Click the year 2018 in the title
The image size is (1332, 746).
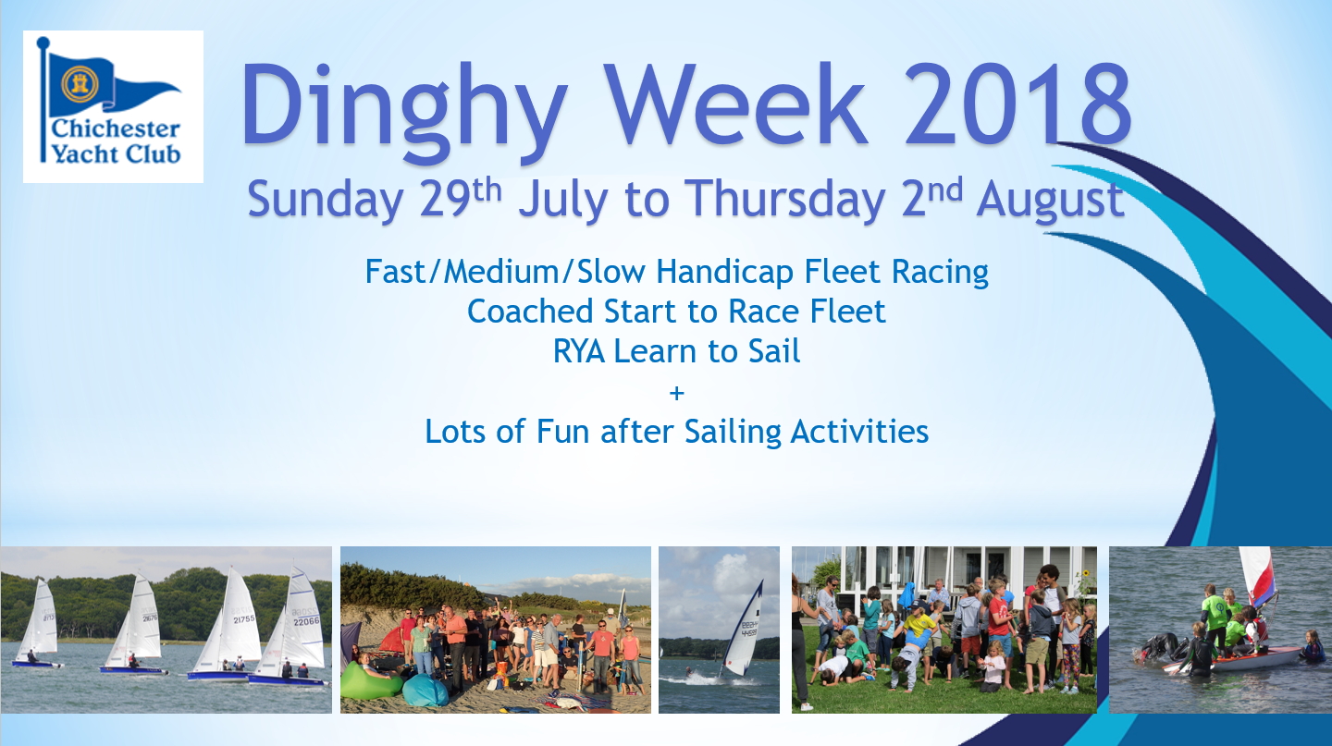pos(1018,104)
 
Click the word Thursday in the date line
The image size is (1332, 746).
pos(785,200)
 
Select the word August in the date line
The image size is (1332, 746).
pos(1050,200)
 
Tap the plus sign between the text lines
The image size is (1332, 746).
pos(676,393)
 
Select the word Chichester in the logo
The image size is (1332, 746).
pos(116,129)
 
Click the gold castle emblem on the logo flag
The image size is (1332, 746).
pos(80,84)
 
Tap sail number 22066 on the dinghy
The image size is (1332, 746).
pos(306,621)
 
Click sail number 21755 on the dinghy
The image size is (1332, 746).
pos(243,619)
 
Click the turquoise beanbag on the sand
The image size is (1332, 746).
pos(425,690)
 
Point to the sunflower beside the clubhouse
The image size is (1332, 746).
pos(1086,574)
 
